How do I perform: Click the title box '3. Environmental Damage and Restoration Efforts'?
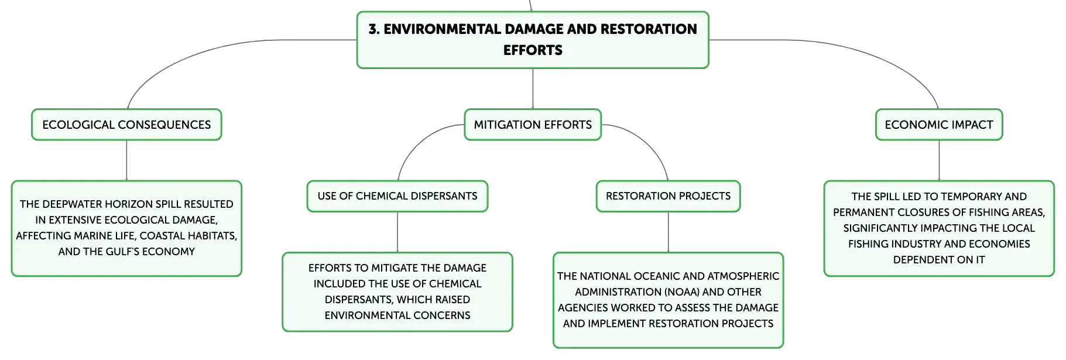[x=533, y=40]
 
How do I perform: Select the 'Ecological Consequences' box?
[x=126, y=125]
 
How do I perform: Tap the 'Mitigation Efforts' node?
[x=533, y=125]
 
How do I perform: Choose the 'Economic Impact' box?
[x=939, y=125]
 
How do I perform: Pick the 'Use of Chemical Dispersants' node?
[x=397, y=196]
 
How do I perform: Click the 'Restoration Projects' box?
[x=668, y=196]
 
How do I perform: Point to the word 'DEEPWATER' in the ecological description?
[x=68, y=204]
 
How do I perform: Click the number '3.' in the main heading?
[x=374, y=29]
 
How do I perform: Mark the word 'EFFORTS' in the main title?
[x=533, y=50]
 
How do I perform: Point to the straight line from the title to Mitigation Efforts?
[x=533, y=88]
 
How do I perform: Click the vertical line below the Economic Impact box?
[x=939, y=160]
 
